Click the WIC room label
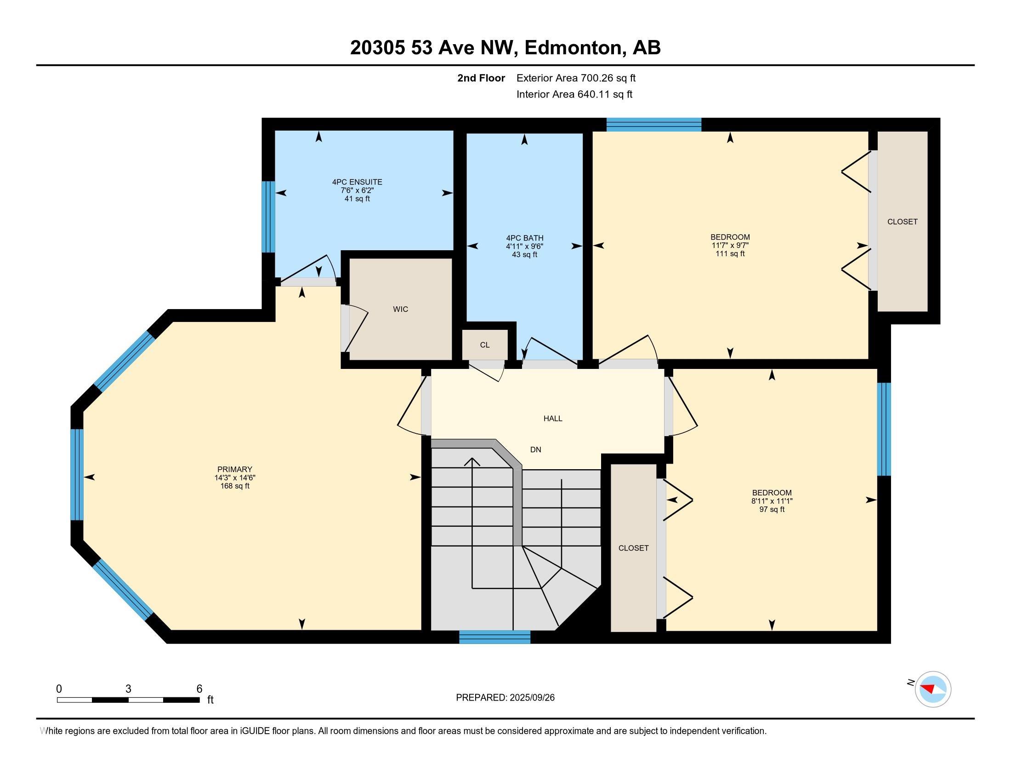point(400,309)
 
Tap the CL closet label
point(485,345)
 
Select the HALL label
point(553,418)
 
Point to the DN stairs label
point(535,449)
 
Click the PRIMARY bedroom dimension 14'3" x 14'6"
point(235,477)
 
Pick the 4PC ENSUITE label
point(357,182)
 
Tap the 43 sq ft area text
point(524,254)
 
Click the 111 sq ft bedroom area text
point(730,253)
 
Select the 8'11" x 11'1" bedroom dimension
point(772,501)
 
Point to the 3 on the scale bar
point(128,689)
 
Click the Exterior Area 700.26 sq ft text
point(576,78)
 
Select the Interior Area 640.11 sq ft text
point(574,94)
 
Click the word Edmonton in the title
point(573,48)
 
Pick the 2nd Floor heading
point(481,78)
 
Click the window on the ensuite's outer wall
point(268,216)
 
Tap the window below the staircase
point(494,637)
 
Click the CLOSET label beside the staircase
point(633,548)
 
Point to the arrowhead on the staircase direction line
point(472,462)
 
